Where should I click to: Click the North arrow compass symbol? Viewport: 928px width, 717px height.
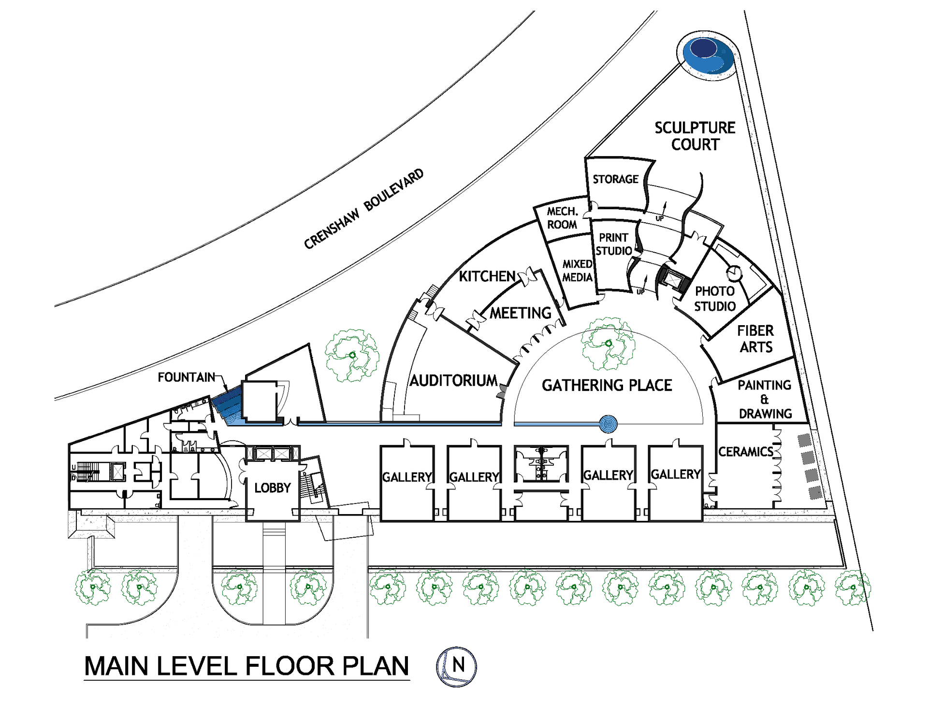pyautogui.click(x=456, y=667)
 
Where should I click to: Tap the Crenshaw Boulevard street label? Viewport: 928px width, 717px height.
pyautogui.click(x=363, y=209)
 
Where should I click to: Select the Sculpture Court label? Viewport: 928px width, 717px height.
pyautogui.click(x=695, y=136)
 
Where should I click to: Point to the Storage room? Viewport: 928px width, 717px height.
pyautogui.click(x=615, y=179)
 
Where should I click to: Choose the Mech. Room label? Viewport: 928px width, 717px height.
pyautogui.click(x=562, y=218)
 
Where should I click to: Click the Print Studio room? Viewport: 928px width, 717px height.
pyautogui.click(x=614, y=244)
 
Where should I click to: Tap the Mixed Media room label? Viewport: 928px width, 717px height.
pyautogui.click(x=577, y=271)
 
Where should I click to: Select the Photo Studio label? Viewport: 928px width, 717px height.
pyautogui.click(x=715, y=299)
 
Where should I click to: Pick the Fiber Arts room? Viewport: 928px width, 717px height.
pyautogui.click(x=755, y=339)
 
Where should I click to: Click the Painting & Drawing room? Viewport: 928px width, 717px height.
pyautogui.click(x=765, y=399)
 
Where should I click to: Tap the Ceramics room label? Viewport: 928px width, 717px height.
pyautogui.click(x=745, y=452)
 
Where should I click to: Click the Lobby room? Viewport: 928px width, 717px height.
pyautogui.click(x=273, y=488)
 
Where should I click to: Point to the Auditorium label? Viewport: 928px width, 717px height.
pyautogui.click(x=453, y=381)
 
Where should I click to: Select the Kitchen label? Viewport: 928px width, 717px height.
pyautogui.click(x=487, y=276)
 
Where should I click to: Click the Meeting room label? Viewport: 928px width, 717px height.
pyautogui.click(x=521, y=313)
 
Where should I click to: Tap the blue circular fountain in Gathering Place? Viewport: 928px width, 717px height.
pyautogui.click(x=608, y=424)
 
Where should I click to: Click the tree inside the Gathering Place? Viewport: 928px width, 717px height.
pyautogui.click(x=608, y=344)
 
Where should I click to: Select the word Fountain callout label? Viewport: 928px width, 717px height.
pyautogui.click(x=186, y=377)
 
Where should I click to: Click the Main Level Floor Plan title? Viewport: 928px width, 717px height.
pyautogui.click(x=246, y=666)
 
